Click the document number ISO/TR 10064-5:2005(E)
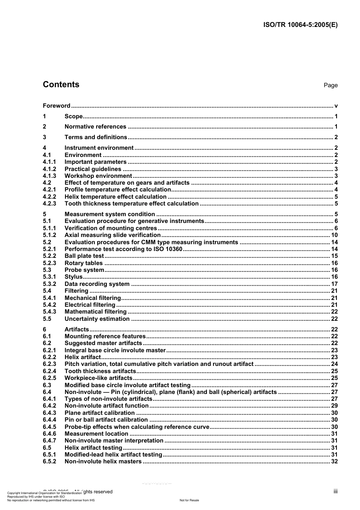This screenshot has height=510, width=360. tap(300, 25)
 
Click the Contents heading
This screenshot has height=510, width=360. tap(61, 85)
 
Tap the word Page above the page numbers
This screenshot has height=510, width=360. tap(330, 85)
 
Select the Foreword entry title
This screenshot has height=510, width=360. tap(56, 106)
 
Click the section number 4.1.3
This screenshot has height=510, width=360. tap(49, 176)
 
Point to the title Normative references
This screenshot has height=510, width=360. tap(95, 127)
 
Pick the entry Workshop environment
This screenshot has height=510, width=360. tap(98, 176)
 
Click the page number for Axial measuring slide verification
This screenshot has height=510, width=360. tap(334, 235)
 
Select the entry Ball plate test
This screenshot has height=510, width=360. tap(84, 256)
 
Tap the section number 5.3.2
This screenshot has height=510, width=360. tap(49, 284)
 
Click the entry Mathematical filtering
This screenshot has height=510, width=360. tap(95, 312)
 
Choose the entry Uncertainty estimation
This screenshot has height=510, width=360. tap(97, 319)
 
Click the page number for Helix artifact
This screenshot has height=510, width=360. tap(334, 357)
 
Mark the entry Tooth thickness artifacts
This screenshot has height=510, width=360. tap(100, 371)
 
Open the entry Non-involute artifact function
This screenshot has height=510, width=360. tap(106, 406)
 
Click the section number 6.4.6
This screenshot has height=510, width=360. tap(49, 434)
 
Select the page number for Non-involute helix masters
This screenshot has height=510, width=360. tap(334, 461)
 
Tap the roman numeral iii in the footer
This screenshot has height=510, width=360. tap(335, 491)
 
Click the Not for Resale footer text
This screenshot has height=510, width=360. tap(189, 500)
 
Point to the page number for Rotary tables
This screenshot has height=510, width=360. tap(334, 263)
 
